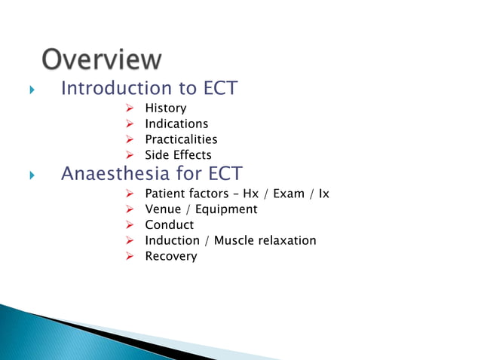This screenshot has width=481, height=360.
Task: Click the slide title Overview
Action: coord(101,59)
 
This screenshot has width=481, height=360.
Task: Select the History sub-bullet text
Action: coord(165,108)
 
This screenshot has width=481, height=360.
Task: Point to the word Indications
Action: coord(176,124)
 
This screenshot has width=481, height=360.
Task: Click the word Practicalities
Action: coord(181,139)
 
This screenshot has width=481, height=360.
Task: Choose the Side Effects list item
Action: coord(178,155)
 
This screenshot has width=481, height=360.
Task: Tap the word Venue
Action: coord(163,209)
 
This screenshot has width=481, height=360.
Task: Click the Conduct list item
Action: coord(169,225)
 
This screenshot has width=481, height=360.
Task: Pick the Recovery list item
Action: coord(170,256)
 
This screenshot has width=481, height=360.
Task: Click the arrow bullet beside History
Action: coord(130,108)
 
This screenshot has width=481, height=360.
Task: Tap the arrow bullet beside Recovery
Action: coord(130,256)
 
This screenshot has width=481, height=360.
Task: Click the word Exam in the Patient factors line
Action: coord(289,194)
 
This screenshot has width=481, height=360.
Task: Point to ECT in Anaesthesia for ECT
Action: coord(222,174)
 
